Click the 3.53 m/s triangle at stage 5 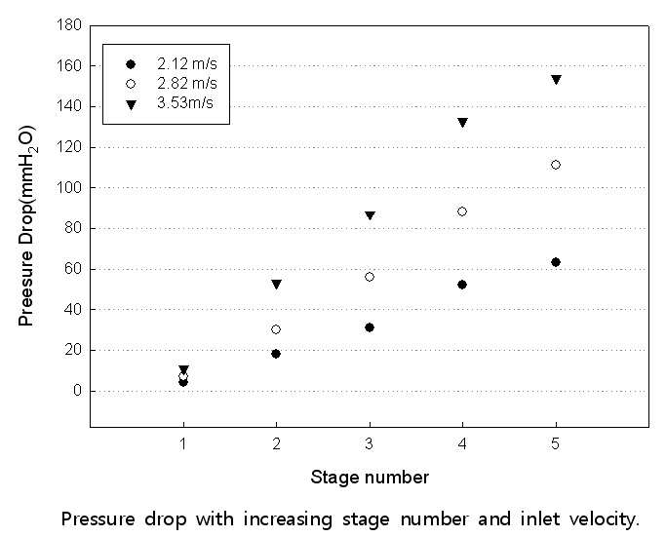(556, 79)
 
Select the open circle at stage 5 (556, 165)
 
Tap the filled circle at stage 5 (556, 262)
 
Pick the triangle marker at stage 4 (462, 122)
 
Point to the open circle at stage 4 (462, 211)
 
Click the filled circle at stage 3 (370, 327)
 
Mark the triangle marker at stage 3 (370, 215)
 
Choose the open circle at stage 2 (276, 329)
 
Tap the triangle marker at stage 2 (277, 284)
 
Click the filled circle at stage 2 (276, 354)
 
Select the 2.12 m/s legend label (187, 63)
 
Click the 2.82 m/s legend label (187, 83)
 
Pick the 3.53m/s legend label (185, 102)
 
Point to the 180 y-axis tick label (69, 25)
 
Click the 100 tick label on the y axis (69, 188)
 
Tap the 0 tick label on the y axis (77, 391)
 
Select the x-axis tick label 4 (462, 444)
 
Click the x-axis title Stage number (370, 478)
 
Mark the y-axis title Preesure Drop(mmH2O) (26, 226)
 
